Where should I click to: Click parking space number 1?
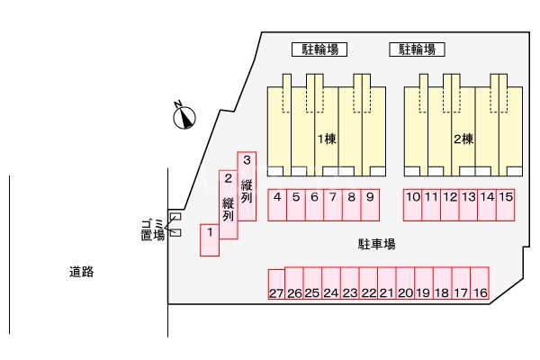pos(209,239)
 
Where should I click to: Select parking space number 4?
pos(278,204)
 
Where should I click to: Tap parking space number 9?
pos(370,204)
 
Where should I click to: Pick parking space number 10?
pos(412,204)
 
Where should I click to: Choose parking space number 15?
pos(506,204)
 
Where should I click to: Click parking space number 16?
pos(480,283)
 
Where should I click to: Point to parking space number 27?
pos(276,285)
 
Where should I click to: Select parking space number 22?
pos(368,283)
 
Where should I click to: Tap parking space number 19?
pos(424,283)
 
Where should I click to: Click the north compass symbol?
pos(184,116)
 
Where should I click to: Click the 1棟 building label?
pos(326,139)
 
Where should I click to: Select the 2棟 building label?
pos(463,139)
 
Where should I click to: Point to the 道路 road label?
pos(82,270)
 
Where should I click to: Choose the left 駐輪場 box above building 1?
pos(319,49)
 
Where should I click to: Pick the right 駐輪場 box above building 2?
pos(418,49)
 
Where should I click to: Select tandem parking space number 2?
pos(229,203)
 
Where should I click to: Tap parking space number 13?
pos(468,204)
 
